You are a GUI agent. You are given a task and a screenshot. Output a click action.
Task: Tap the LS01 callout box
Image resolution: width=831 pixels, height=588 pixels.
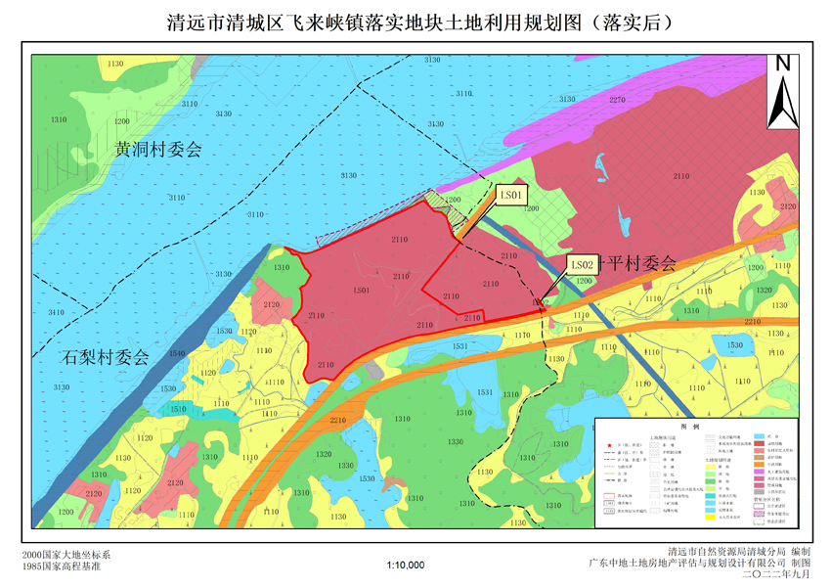click(x=513, y=196)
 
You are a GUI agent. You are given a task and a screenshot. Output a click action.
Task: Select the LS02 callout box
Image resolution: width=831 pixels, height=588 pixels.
click(x=583, y=264)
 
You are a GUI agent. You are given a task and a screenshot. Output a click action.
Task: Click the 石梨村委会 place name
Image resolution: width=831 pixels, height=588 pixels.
click(x=102, y=357)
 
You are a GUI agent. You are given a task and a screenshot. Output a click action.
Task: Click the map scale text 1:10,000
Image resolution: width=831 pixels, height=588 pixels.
click(x=406, y=565)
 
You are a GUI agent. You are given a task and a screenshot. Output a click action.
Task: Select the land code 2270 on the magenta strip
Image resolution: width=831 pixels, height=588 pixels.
click(x=617, y=101)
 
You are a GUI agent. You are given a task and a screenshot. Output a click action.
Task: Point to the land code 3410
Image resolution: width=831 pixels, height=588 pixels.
click(x=56, y=312)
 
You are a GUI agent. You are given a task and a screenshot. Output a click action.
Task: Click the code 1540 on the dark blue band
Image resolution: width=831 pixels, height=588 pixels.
click(x=177, y=354)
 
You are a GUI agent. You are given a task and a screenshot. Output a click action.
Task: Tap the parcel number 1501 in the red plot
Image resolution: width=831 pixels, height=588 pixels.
click(x=361, y=292)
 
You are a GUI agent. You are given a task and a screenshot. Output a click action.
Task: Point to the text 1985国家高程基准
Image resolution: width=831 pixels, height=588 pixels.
click(x=61, y=566)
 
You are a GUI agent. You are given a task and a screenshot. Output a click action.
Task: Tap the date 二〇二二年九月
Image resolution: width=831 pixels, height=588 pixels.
click(x=772, y=575)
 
